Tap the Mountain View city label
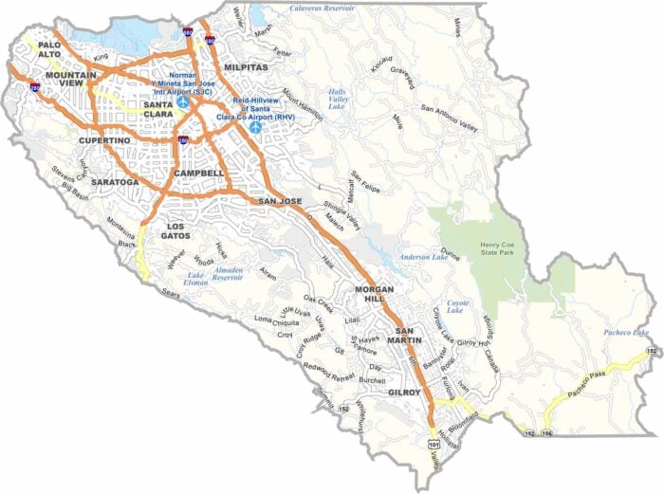pos(68,82)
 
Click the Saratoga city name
pos(116,181)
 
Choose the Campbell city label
pos(199,174)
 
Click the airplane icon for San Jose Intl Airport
pos(182,100)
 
